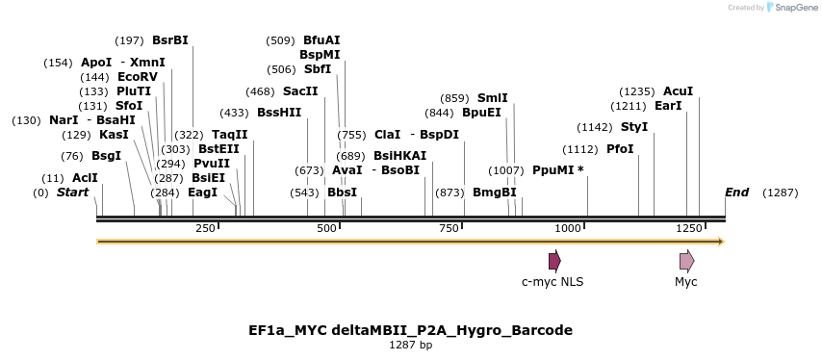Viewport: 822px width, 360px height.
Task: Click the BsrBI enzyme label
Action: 170,40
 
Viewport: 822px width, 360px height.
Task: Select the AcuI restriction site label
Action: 678,91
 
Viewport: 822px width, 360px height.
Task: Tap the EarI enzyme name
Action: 667,106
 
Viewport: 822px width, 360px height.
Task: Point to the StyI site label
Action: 634,127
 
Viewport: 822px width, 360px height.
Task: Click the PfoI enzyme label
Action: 620,149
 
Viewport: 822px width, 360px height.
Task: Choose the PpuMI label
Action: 557,170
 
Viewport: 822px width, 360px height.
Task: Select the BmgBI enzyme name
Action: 495,193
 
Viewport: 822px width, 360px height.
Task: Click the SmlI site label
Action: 492,98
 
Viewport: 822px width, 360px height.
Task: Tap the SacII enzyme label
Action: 300,91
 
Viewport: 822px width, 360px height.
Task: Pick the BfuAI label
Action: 321,40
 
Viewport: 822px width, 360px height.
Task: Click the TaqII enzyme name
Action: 229,135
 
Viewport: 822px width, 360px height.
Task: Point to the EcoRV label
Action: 137,77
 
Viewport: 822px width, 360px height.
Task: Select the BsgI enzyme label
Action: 107,156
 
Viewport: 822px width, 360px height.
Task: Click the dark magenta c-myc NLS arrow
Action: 554,261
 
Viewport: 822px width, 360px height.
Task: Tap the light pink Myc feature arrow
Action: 686,261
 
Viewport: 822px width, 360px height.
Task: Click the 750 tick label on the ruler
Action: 449,228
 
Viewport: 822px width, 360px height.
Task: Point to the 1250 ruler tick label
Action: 688,228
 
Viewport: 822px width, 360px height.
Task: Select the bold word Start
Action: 72,193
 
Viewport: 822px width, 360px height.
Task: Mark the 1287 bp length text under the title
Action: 410,345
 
